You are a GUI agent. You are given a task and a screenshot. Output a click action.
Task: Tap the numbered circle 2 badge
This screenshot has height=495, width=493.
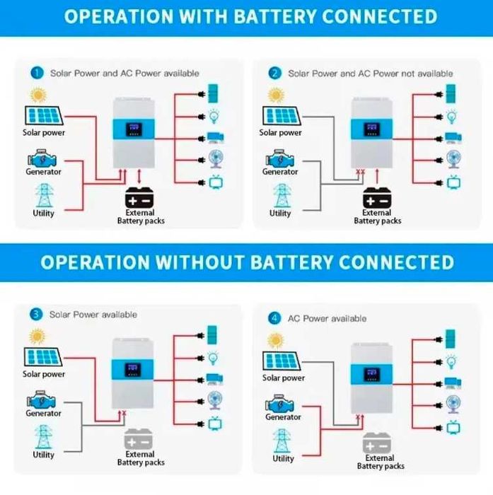(274, 73)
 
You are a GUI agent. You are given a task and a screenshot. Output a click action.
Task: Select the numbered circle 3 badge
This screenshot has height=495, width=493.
(36, 314)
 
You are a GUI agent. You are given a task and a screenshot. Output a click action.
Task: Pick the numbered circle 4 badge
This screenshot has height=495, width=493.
(274, 318)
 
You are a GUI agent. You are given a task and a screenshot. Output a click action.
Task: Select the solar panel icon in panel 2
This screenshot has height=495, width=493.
(280, 115)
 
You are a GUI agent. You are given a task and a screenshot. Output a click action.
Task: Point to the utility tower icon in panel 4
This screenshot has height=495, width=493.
(283, 441)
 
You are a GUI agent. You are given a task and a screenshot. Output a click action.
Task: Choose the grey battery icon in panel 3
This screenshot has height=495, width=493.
(139, 438)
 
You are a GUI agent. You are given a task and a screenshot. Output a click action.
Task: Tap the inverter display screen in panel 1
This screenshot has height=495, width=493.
(133, 130)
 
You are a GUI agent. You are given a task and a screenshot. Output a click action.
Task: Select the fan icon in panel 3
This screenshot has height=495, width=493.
(212, 399)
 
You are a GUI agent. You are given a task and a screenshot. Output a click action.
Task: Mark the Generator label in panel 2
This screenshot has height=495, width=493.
(280, 172)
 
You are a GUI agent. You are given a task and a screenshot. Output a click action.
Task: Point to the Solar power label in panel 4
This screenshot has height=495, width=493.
(283, 378)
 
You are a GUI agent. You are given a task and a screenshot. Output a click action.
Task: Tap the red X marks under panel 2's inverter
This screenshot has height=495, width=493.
(360, 172)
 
